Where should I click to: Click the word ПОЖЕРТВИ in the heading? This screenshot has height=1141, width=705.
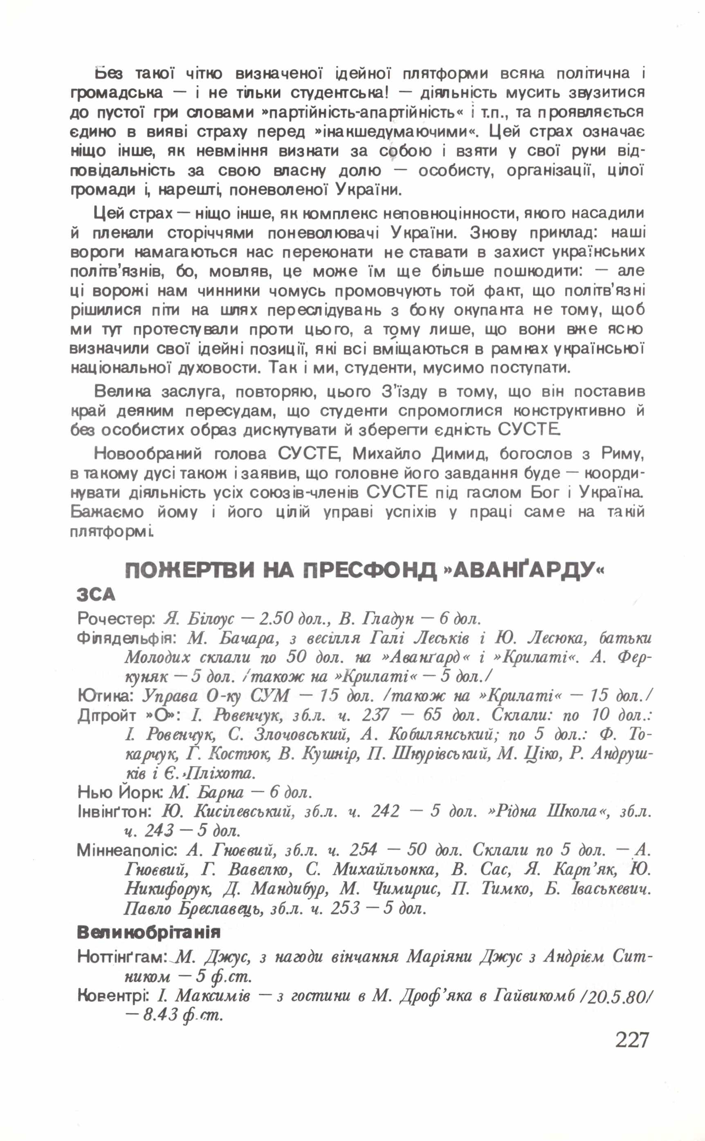pos(190,571)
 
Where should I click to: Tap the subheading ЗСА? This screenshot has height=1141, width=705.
pos(96,594)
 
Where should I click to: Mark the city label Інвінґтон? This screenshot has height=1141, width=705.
pos(114,811)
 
